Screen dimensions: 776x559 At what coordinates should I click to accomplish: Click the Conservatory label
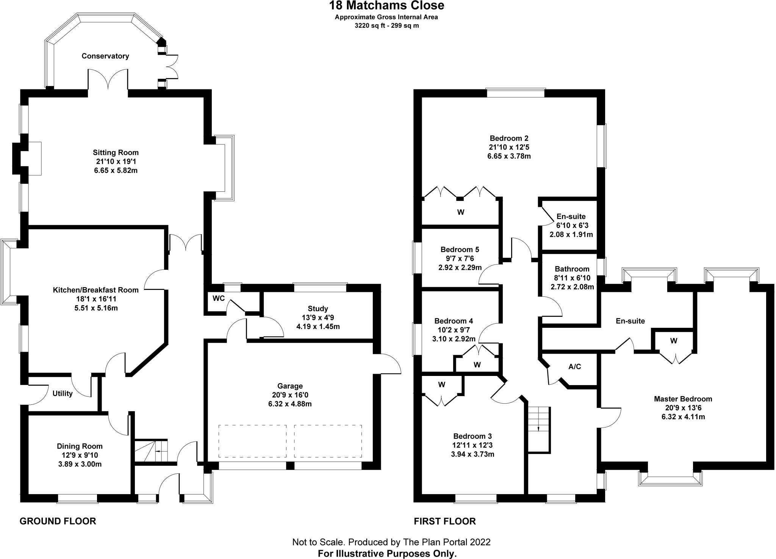point(105,56)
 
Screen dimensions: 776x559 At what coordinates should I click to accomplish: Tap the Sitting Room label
point(116,153)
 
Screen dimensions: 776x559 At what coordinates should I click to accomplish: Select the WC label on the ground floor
point(219,298)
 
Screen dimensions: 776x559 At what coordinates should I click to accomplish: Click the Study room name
point(318,308)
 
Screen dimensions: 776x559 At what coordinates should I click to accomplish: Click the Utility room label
point(63,393)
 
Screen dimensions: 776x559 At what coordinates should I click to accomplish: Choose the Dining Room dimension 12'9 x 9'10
point(80,455)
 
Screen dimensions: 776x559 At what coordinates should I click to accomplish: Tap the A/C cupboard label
point(575,366)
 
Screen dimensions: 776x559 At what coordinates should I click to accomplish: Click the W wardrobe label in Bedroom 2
point(461,212)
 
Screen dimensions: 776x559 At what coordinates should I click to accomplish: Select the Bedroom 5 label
point(460,250)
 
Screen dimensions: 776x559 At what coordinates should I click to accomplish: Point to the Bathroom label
point(572,269)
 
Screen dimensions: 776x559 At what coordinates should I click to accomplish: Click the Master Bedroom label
point(683,399)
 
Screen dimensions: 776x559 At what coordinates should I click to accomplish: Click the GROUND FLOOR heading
point(58,521)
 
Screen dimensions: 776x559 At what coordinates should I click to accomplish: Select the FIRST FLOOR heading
point(445,521)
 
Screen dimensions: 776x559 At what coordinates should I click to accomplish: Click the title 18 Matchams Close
point(386,6)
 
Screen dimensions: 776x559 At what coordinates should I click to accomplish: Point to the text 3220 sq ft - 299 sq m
point(386,26)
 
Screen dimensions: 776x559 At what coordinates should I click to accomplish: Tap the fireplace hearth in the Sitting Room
point(35,158)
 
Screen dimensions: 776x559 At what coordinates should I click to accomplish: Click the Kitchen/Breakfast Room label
point(95,290)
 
